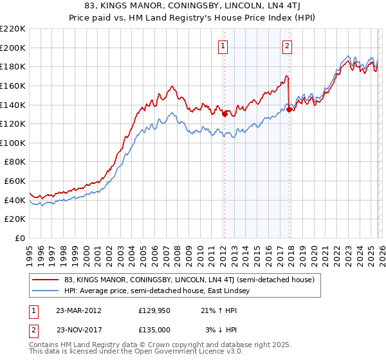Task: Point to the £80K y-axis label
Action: point(15,162)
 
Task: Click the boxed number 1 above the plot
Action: point(223,46)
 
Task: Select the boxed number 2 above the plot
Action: point(286,46)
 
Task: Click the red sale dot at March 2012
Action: point(225,114)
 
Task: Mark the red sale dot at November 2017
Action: point(289,109)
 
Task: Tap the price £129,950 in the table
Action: point(154,310)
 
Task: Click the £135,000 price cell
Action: point(154,330)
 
